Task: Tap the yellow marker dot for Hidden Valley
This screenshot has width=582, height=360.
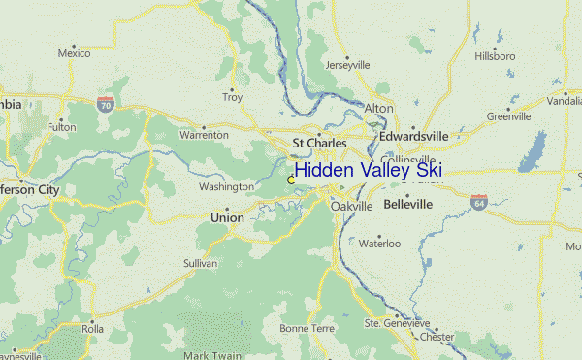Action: click(291, 180)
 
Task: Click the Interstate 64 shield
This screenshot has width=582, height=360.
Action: click(479, 201)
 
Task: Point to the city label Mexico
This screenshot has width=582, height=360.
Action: click(73, 54)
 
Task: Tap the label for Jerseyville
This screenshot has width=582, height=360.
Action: click(348, 65)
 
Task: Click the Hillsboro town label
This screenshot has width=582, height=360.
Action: click(495, 57)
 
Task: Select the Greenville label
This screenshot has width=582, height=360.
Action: click(508, 116)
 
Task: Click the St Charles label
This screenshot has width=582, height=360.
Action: click(319, 143)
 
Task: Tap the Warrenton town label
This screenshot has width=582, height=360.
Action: click(204, 137)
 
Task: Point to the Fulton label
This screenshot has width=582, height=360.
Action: click(61, 127)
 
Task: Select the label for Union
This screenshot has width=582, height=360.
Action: click(227, 218)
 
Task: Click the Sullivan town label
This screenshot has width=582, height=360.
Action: click(200, 263)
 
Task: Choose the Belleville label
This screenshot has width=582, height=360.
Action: click(408, 206)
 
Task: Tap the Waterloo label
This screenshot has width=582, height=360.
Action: click(380, 245)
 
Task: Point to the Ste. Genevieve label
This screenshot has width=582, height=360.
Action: click(397, 322)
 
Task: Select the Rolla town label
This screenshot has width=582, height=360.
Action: click(92, 329)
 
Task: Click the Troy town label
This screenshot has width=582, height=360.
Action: click(233, 97)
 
